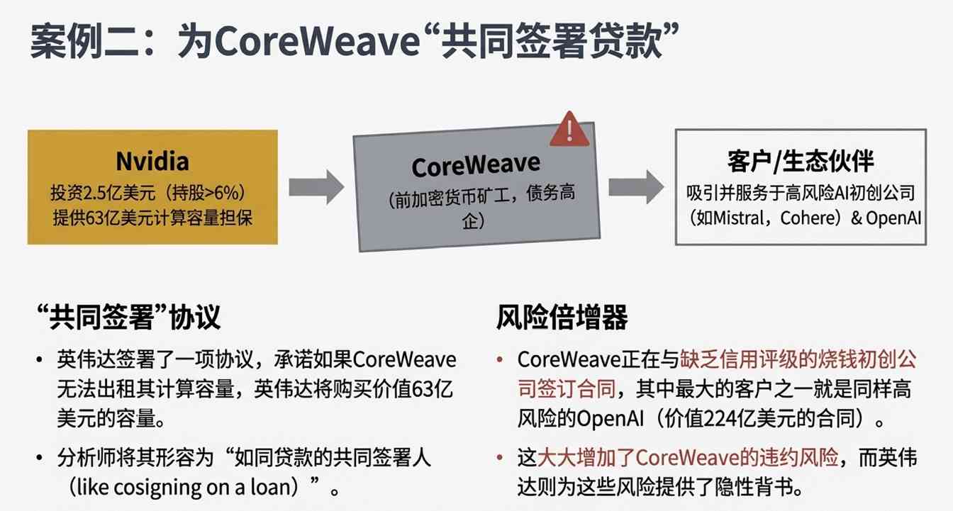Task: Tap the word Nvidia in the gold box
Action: point(152,162)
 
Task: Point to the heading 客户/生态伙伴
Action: point(800,161)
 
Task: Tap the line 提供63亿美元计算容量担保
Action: point(152,218)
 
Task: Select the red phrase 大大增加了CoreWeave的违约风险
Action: point(688,458)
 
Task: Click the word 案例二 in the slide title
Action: point(78,44)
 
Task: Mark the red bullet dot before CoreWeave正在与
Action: point(501,360)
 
